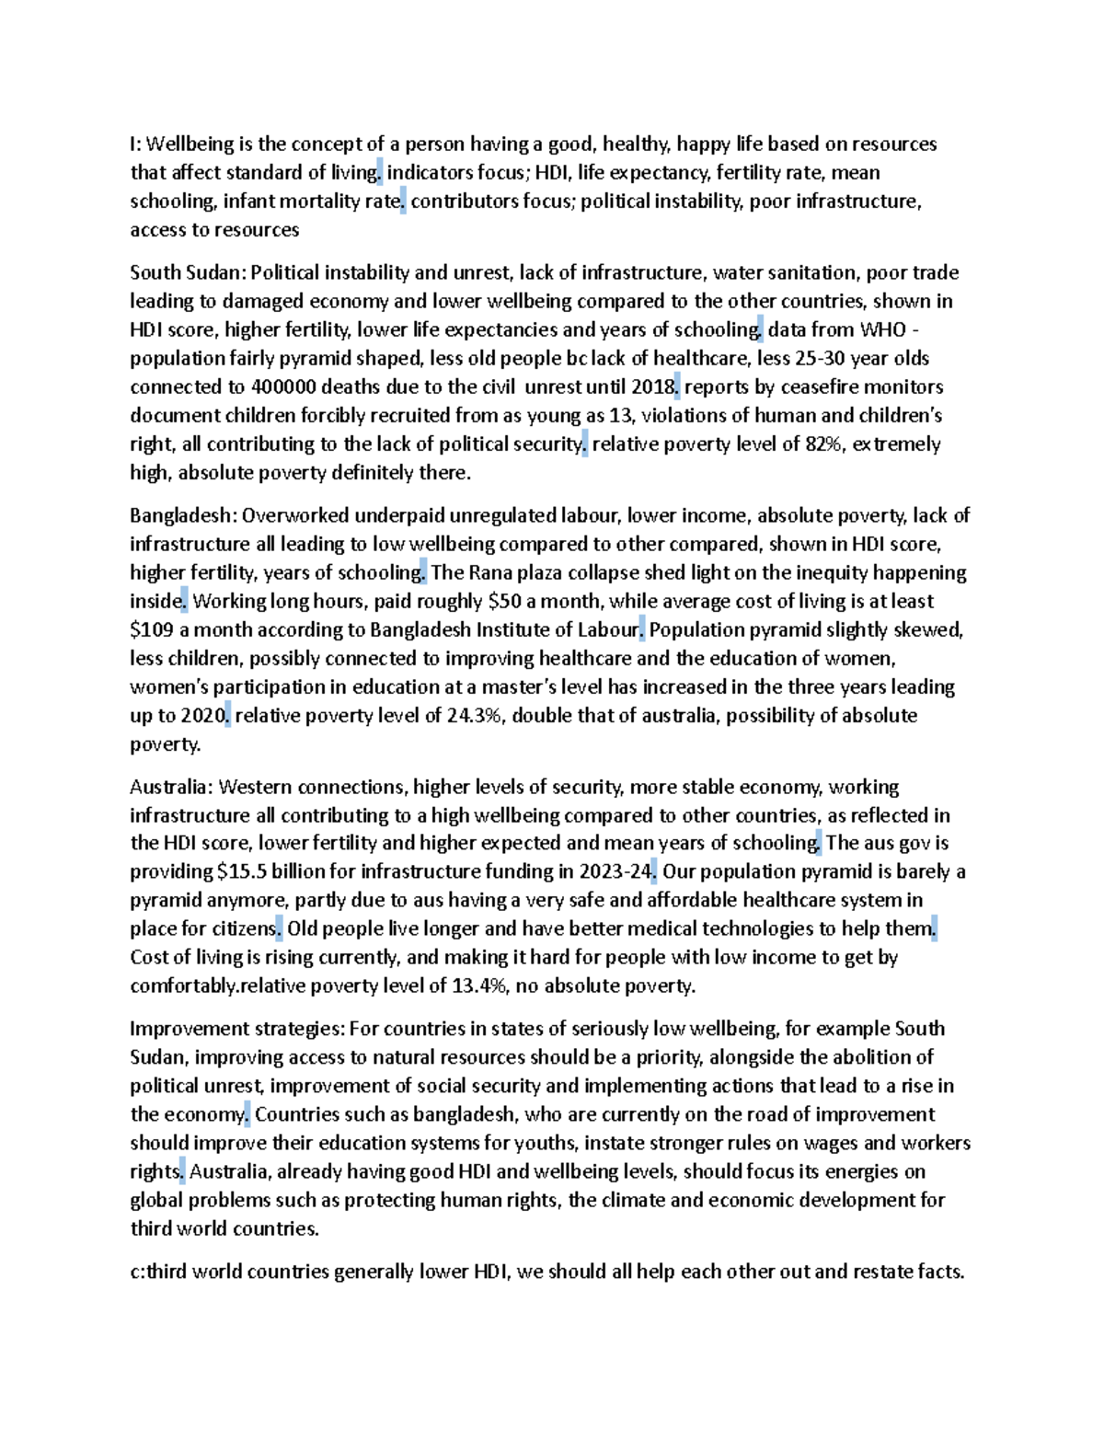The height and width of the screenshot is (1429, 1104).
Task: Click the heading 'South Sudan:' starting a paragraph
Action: tap(188, 272)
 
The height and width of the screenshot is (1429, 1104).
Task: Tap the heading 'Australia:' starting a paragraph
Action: tap(172, 787)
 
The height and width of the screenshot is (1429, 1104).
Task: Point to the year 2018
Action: tap(652, 386)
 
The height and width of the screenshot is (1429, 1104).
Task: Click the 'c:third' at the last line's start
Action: tap(159, 1272)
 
